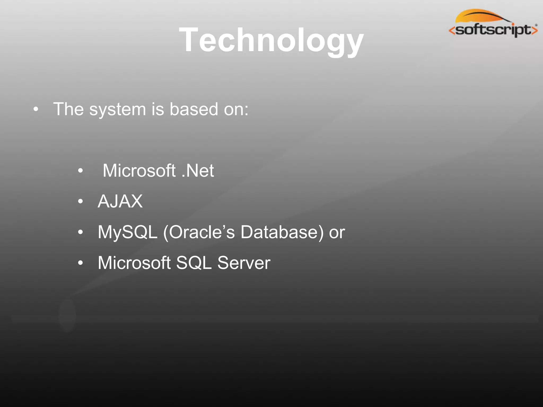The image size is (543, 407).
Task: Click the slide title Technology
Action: pos(271,40)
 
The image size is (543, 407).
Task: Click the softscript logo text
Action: pos(493,30)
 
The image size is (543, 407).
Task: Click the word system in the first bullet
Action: pos(117,109)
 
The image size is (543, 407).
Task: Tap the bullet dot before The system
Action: pos(36,109)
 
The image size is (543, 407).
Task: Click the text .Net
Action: pos(198,170)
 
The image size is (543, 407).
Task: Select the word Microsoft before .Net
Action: pos(139,170)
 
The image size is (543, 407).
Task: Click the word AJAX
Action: pos(120,201)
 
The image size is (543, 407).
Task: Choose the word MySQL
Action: pos(127,232)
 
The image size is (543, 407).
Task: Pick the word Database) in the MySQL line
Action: pos(282,232)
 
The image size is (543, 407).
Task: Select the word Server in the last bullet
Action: pos(244,263)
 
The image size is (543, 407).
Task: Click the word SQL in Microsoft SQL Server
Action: pos(194,263)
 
